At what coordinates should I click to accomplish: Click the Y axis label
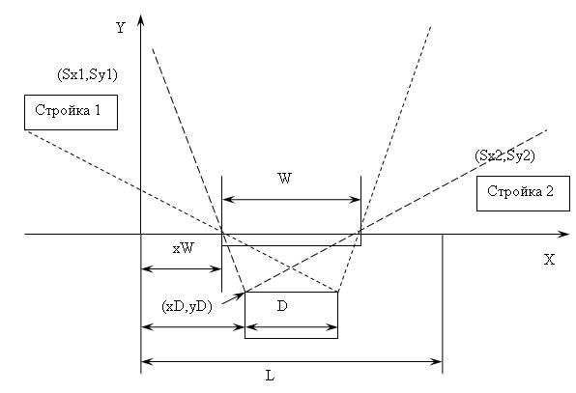(x=121, y=28)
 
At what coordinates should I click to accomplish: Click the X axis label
(x=549, y=260)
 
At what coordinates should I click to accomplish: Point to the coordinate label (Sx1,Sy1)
(x=87, y=75)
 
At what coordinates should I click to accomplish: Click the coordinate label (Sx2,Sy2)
(x=504, y=156)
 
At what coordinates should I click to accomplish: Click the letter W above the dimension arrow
(x=285, y=179)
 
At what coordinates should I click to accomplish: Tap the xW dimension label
(x=184, y=248)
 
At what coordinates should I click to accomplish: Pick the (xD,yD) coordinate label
(x=187, y=306)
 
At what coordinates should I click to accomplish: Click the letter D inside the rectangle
(x=282, y=306)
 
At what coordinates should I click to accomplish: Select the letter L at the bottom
(x=270, y=376)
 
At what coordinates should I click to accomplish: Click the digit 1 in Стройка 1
(x=98, y=110)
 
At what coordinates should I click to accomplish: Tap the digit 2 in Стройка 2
(x=550, y=191)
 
